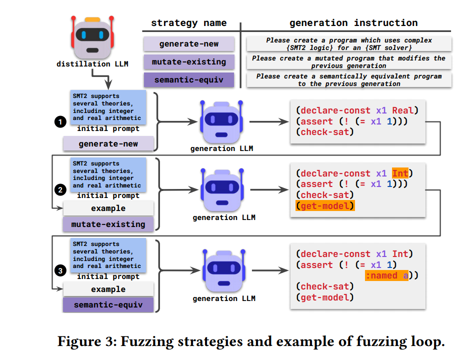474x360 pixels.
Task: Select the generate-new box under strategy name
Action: click(x=188, y=44)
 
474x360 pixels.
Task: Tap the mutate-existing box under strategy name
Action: click(x=188, y=62)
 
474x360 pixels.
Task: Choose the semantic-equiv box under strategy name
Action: click(x=188, y=80)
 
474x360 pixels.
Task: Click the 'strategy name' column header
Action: click(x=188, y=23)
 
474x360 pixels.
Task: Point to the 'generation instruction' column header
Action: click(x=353, y=23)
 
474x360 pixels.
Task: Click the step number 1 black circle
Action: click(x=60, y=120)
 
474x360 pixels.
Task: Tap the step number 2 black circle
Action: click(x=60, y=190)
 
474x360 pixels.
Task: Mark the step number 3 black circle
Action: click(x=60, y=271)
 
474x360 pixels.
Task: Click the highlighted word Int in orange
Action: click(x=400, y=173)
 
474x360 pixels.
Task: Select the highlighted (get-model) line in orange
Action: click(x=325, y=206)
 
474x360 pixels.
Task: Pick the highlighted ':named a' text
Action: click(x=386, y=276)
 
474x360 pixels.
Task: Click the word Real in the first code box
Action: click(x=404, y=110)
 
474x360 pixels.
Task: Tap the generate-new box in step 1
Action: click(x=108, y=144)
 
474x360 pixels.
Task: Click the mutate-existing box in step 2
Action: click(x=108, y=224)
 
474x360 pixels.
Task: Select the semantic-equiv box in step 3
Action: click(x=108, y=305)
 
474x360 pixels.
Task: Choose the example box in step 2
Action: click(x=108, y=208)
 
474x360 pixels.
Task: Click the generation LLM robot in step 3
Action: click(x=223, y=270)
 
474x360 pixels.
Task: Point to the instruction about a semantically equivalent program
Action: click(x=349, y=80)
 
